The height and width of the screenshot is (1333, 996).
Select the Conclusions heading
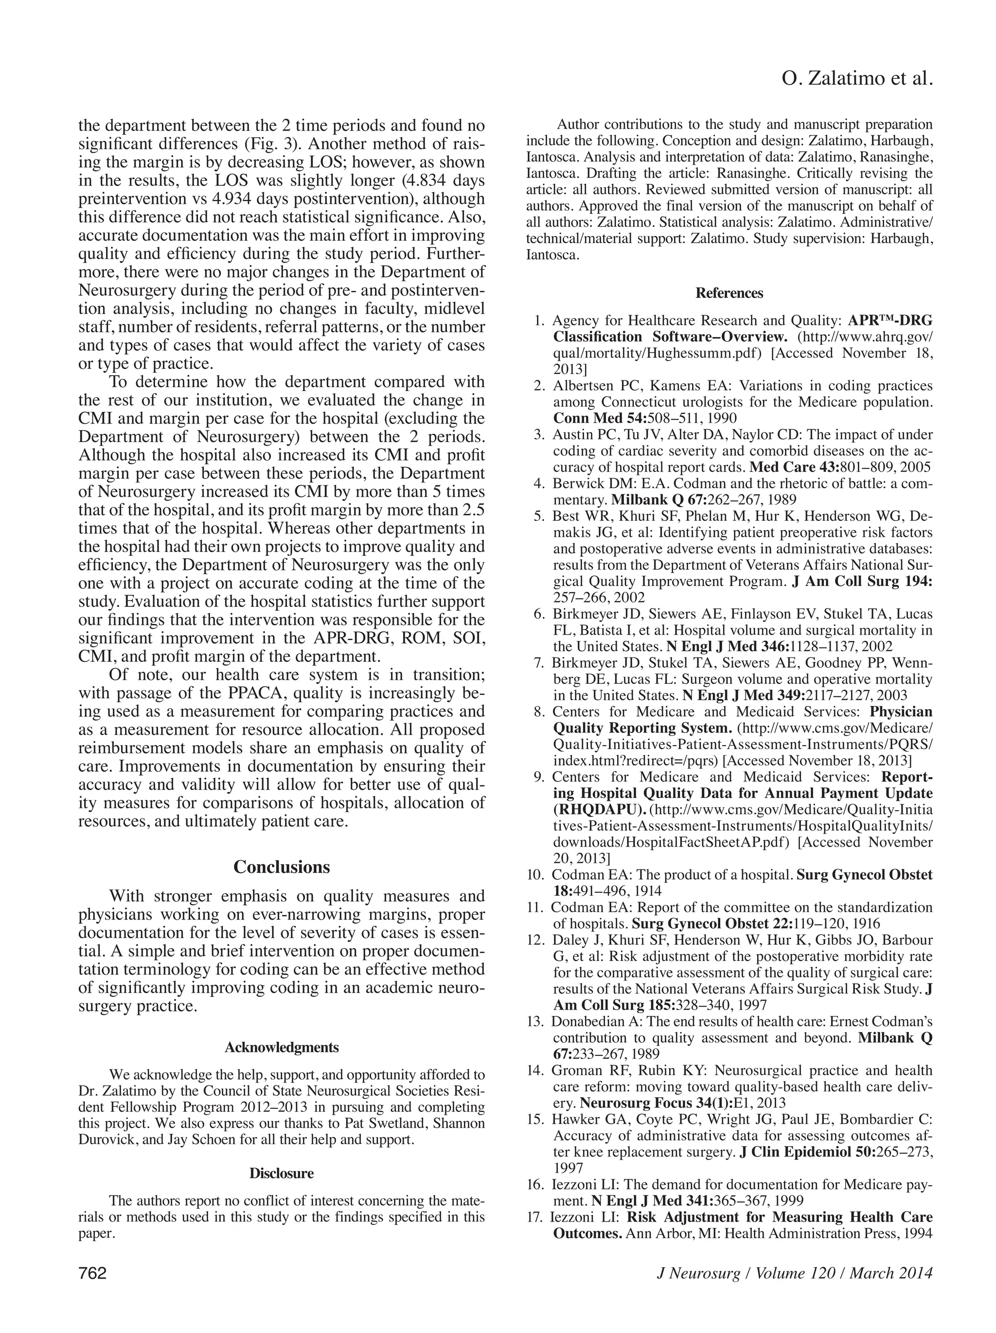click(282, 867)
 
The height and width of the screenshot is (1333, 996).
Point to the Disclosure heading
click(282, 1173)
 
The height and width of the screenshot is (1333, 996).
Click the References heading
click(729, 293)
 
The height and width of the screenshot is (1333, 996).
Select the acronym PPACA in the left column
click(252, 693)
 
